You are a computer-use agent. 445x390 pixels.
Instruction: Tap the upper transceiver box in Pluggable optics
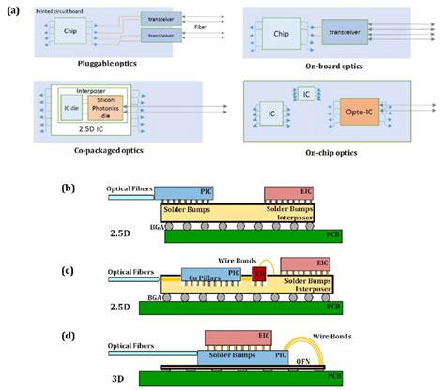[161, 19]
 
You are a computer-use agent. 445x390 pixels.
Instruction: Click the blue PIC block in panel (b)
[188, 191]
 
